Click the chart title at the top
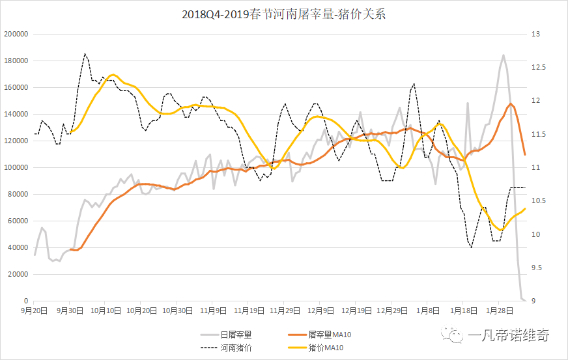[x=284, y=14]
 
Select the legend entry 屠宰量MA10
[x=334, y=335]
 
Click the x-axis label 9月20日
[x=35, y=311]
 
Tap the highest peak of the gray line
[x=504, y=55]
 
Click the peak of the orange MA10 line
[x=511, y=104]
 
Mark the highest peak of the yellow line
[x=113, y=75]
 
